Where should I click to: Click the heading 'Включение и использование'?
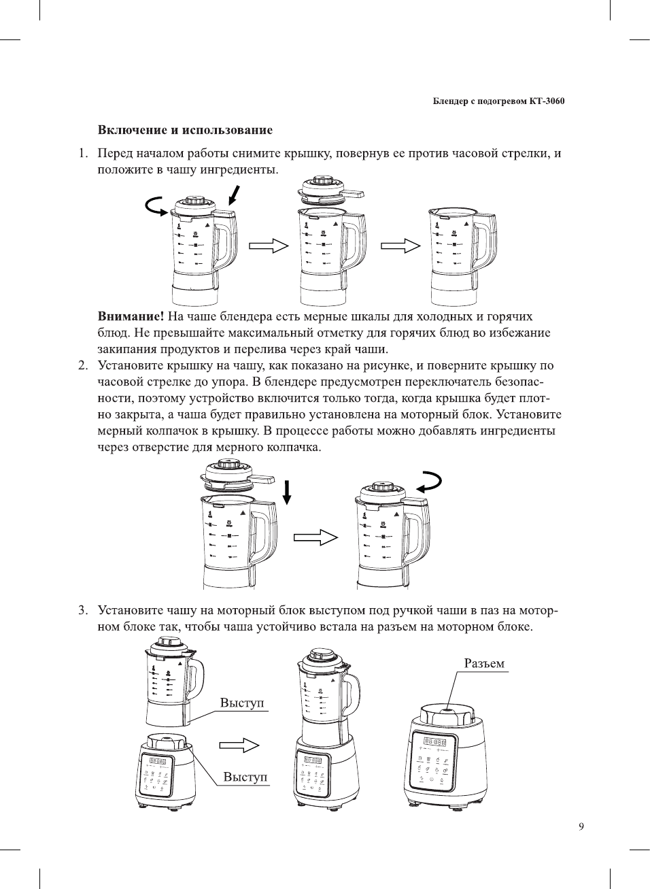click(185, 130)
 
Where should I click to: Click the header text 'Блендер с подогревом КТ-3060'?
click(499, 101)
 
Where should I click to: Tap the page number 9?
click(581, 826)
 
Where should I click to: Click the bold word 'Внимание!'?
click(131, 316)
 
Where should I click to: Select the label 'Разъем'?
click(484, 663)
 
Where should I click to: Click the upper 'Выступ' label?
click(242, 703)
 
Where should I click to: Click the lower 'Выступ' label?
click(245, 777)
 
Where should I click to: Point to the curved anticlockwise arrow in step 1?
click(156, 205)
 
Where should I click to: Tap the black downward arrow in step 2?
click(287, 492)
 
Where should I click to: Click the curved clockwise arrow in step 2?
click(430, 482)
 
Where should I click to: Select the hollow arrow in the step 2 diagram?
click(315, 537)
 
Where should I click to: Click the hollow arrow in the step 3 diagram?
click(240, 745)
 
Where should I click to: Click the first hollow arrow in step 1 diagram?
click(269, 246)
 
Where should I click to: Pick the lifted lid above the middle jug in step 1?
click(329, 190)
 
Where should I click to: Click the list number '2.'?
click(83, 366)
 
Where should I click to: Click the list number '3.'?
click(83, 610)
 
